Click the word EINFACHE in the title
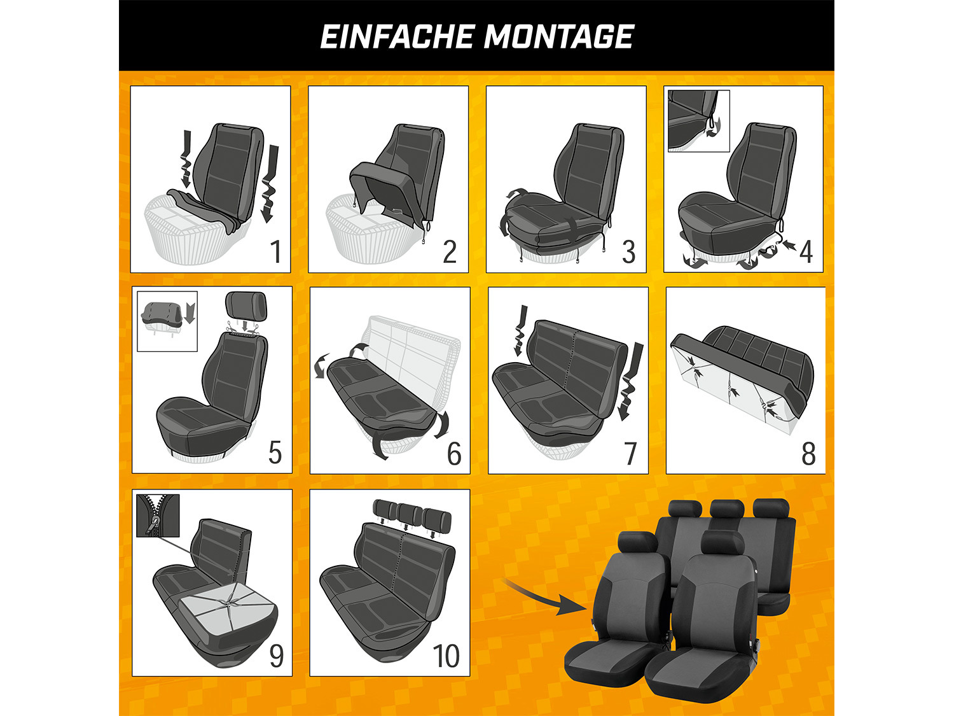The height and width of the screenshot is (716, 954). pyautogui.click(x=397, y=36)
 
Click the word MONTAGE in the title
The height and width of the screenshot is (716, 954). pyautogui.click(x=559, y=36)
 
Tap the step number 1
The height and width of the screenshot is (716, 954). pyautogui.click(x=275, y=251)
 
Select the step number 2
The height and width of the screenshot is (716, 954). pyautogui.click(x=450, y=251)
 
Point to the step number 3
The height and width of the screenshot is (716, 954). pyautogui.click(x=628, y=251)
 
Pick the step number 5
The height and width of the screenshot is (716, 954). pyautogui.click(x=275, y=453)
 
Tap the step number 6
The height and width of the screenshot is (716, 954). pyautogui.click(x=454, y=453)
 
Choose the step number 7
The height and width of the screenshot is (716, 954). pyautogui.click(x=631, y=453)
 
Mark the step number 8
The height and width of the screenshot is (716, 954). pyautogui.click(x=808, y=453)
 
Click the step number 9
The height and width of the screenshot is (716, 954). pyautogui.click(x=277, y=656)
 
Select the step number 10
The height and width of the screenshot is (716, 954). pyautogui.click(x=446, y=656)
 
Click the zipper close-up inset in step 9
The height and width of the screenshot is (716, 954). pyautogui.click(x=158, y=516)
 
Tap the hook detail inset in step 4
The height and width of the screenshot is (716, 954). pyautogui.click(x=698, y=121)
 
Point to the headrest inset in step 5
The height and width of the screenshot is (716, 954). pyautogui.click(x=167, y=321)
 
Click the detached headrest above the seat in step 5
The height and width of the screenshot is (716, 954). pyautogui.click(x=246, y=305)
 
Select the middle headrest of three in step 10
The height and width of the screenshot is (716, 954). pyautogui.click(x=410, y=516)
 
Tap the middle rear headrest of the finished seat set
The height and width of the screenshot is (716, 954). pyautogui.click(x=728, y=510)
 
